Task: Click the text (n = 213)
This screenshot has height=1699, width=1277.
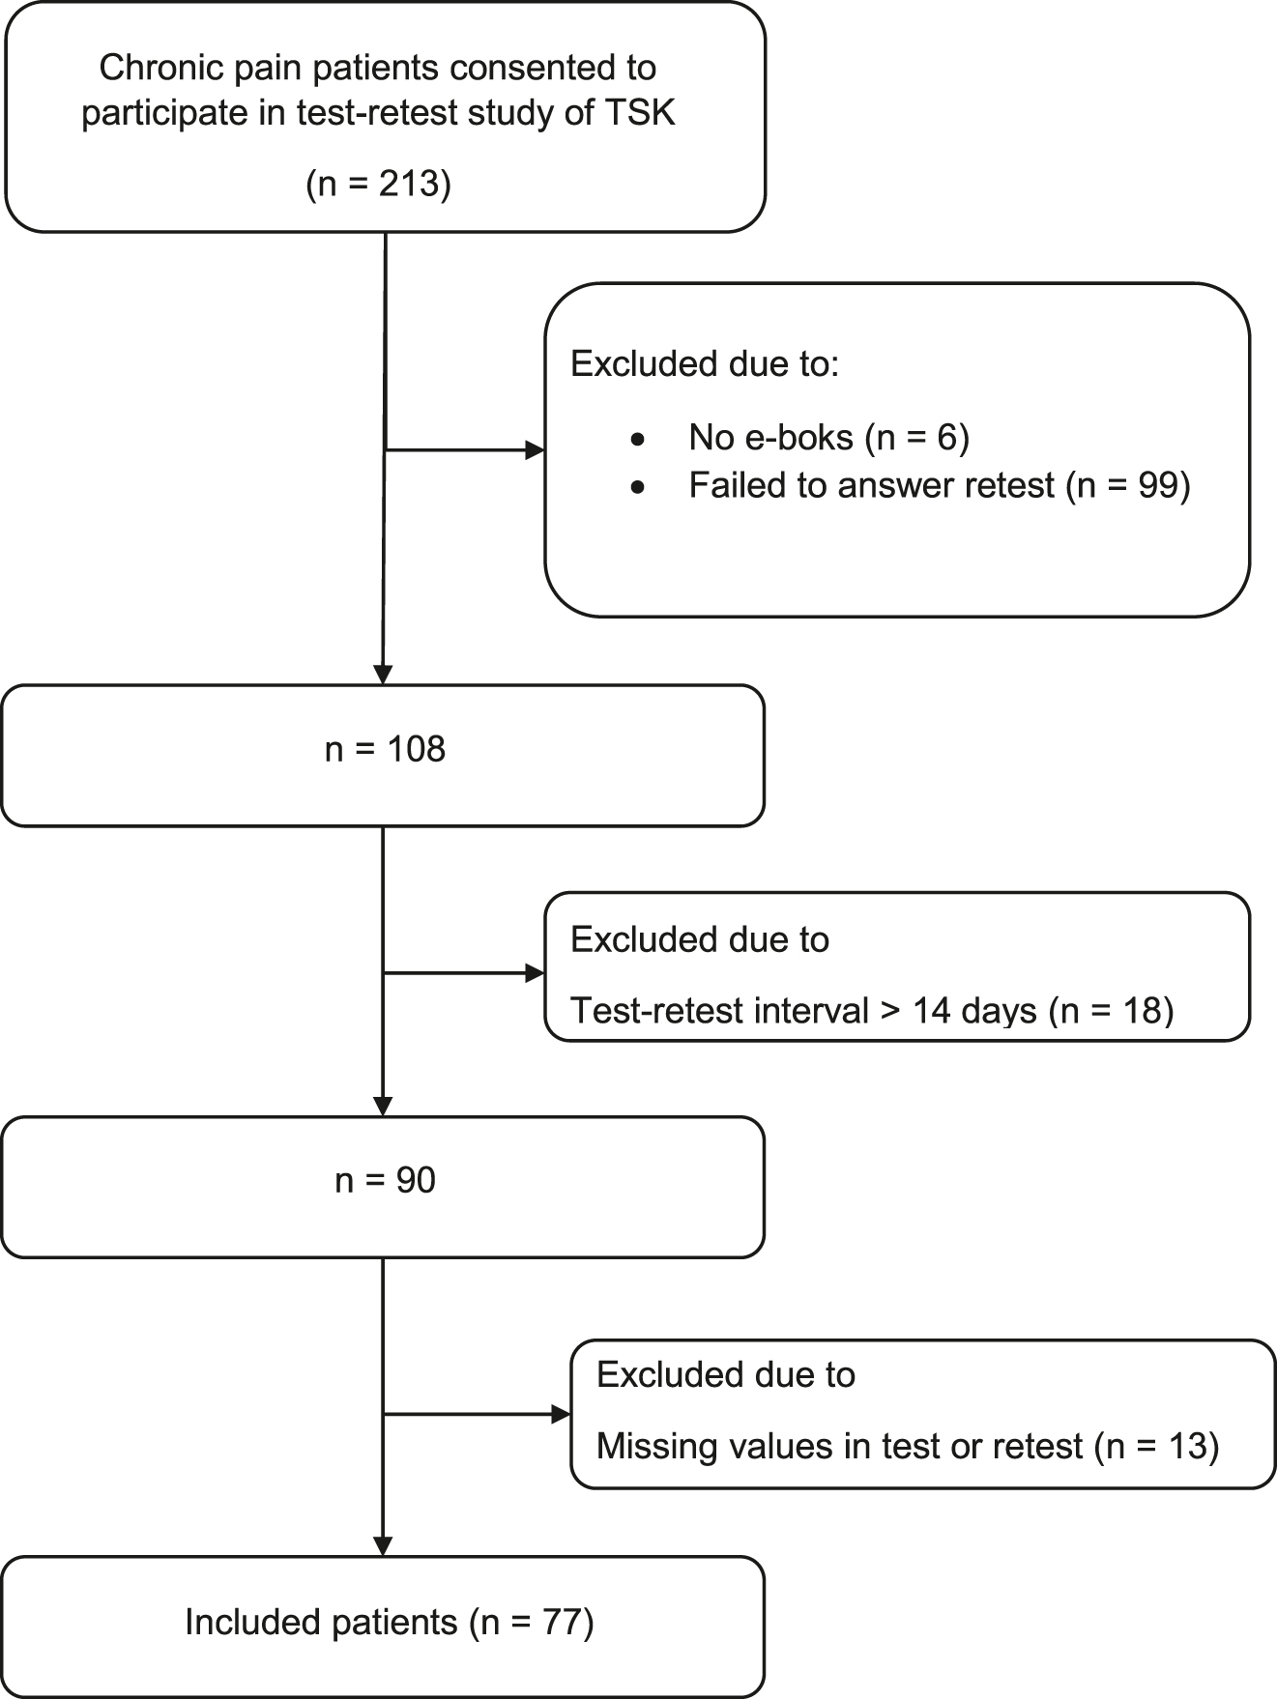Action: coord(378,183)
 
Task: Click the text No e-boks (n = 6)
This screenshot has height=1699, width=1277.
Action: coord(828,438)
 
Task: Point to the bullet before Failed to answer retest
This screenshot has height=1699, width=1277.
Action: coord(636,487)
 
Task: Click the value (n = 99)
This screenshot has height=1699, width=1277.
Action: coord(1128,485)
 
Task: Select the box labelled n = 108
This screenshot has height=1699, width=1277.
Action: coord(383,755)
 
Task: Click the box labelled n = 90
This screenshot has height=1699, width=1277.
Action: coord(383,1186)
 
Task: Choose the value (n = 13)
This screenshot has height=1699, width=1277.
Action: coord(1156,1446)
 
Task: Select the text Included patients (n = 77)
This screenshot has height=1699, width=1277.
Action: coord(389,1622)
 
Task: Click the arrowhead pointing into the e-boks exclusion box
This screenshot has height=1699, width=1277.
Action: coord(535,450)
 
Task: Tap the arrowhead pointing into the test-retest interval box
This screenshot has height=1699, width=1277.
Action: coord(535,973)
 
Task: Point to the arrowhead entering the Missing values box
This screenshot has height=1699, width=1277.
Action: coord(561,1415)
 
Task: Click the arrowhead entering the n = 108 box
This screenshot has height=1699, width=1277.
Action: coord(383,675)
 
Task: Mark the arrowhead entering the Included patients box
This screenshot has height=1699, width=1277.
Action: coord(383,1546)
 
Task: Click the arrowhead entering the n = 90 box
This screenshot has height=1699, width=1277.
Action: coord(383,1107)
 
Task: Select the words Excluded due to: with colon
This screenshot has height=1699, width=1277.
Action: coord(704,364)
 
